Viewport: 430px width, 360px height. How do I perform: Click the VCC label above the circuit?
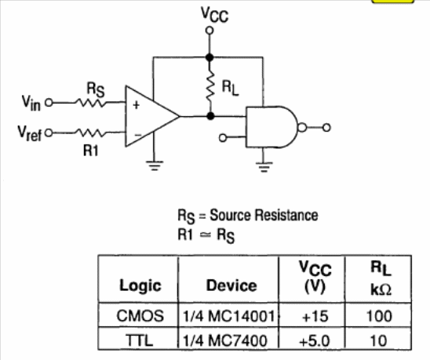tap(214, 15)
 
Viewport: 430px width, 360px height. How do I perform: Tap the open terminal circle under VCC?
tap(210, 31)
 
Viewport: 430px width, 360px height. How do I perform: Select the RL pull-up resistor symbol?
tap(210, 85)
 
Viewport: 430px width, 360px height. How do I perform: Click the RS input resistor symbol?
tap(90, 103)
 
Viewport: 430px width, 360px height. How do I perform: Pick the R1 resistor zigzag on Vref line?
tap(90, 133)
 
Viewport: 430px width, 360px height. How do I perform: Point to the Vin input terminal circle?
tap(49, 103)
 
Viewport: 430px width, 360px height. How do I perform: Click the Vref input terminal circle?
tap(49, 133)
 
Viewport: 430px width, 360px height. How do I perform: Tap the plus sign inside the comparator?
tap(136, 105)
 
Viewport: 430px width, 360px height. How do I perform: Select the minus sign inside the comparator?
tap(138, 135)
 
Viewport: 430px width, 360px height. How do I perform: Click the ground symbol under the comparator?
tap(155, 165)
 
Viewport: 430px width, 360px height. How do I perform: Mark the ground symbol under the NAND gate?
tap(264, 167)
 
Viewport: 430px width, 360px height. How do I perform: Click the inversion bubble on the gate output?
tap(302, 128)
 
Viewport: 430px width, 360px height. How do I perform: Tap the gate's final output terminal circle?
tap(326, 128)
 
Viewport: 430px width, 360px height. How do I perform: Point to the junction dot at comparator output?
tap(210, 116)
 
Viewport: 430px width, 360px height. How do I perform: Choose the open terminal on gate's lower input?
tap(223, 137)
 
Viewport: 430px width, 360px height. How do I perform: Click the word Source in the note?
tap(231, 215)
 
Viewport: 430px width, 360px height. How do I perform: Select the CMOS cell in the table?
tap(140, 316)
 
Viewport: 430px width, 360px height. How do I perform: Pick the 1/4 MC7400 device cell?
tap(225, 341)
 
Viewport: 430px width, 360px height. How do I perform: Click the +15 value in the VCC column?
tap(315, 316)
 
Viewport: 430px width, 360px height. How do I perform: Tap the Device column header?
tap(231, 285)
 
